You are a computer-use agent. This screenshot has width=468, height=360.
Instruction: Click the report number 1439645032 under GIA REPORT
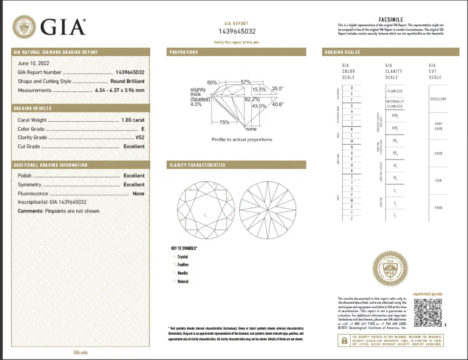[x=237, y=31]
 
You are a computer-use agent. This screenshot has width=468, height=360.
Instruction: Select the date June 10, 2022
[x=33, y=63]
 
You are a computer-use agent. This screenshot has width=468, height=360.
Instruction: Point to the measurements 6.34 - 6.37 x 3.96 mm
[x=119, y=90]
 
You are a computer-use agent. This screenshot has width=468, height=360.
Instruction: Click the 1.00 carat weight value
[x=133, y=120]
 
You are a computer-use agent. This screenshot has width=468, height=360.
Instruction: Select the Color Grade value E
[x=142, y=129]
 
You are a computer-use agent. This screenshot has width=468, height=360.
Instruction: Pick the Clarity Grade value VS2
[x=139, y=138]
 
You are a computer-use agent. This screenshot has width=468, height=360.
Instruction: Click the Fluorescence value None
[x=139, y=193]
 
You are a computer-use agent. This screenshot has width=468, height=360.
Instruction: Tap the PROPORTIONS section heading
[x=184, y=52]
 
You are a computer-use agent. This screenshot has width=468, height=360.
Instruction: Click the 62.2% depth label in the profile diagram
[x=252, y=99]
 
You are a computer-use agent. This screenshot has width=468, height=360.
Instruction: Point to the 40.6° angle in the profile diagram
[x=278, y=104]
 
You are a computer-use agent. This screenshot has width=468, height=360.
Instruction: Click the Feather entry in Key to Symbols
[x=183, y=265]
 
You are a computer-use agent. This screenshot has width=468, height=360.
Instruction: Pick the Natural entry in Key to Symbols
[x=183, y=281]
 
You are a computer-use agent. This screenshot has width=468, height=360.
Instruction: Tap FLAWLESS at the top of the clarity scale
[x=395, y=91]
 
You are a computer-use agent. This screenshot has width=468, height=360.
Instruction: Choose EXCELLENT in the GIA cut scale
[x=438, y=99]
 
